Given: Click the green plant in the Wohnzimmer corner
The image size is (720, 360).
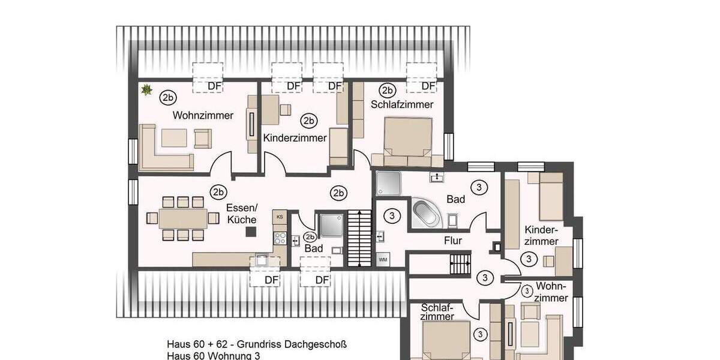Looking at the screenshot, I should tap(145, 90).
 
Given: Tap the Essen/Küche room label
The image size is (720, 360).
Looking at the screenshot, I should tap(242, 214).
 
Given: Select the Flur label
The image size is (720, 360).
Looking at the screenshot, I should tap(453, 241).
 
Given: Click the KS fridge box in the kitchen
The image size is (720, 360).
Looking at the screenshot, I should tap(279, 216).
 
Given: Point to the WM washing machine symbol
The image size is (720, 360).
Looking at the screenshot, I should tap(382, 260).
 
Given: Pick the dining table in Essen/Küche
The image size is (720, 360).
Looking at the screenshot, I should tap(183, 217).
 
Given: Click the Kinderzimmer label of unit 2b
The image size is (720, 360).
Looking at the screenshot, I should tap(295, 138).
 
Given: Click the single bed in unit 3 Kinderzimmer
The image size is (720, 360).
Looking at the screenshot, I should tap(550, 196).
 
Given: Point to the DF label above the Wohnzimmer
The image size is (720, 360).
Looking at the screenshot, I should tap(214, 86).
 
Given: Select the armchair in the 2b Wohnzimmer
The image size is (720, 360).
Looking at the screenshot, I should tap(202, 139).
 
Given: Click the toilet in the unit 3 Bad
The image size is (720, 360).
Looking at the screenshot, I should tap(452, 221).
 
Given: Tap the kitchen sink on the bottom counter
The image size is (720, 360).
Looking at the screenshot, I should tap(262, 260).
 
